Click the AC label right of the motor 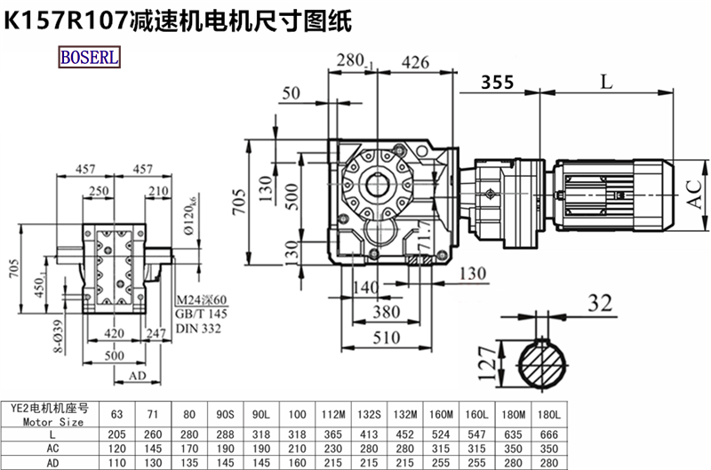point(698,191)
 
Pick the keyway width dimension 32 point(601,304)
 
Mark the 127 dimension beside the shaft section point(485,360)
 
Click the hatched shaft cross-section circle point(542,366)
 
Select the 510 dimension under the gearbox point(384,338)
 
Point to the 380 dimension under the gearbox point(384,312)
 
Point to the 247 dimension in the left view point(156,335)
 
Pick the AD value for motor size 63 point(116,462)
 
